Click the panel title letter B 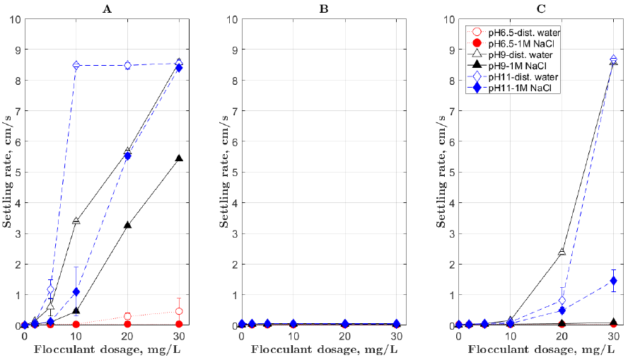tap(324, 8)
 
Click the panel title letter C tap(541, 8)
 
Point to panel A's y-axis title tap(7, 171)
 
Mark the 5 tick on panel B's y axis tap(234, 172)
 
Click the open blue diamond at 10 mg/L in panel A tap(76, 65)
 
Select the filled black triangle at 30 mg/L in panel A tap(179, 158)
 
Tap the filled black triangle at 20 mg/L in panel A tap(127, 225)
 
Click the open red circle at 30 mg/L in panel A tap(179, 311)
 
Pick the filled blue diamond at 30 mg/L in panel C tap(614, 281)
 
